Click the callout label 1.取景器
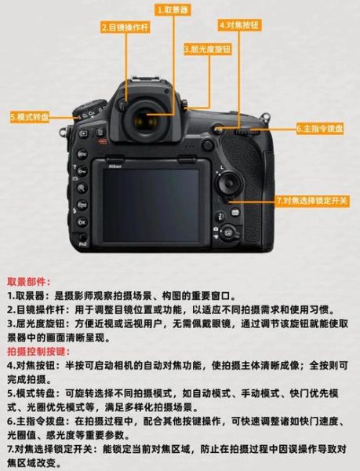coord(174,10)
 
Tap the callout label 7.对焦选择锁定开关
coord(313,200)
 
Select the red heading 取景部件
coord(28,280)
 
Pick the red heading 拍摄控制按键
coord(38,351)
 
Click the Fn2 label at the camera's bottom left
coord(82,246)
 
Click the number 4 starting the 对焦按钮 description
coord(10,366)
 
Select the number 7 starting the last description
coord(10,449)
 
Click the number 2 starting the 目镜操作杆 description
coord(10,309)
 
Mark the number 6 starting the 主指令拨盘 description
coord(10,422)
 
